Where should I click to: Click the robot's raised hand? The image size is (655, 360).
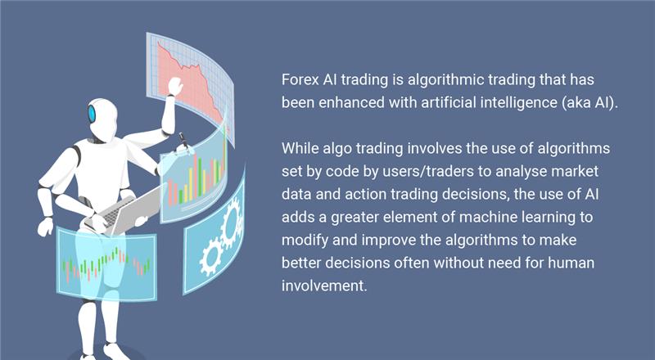[174, 85]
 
